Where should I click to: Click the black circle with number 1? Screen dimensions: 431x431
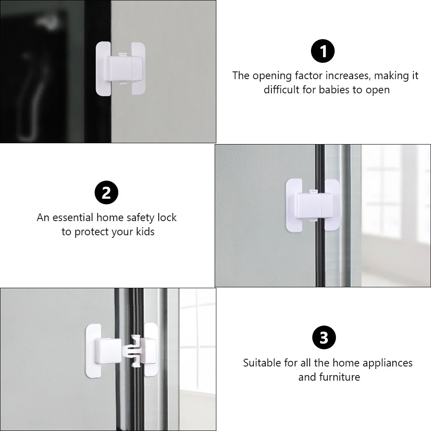coord(323,52)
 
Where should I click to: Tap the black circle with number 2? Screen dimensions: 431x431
coord(106,193)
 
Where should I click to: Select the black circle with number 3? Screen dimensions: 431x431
coord(323,338)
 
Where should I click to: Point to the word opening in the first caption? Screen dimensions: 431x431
coord(272,76)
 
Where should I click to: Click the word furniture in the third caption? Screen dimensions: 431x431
coord(339,377)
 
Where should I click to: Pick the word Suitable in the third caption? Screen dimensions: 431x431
coord(262,363)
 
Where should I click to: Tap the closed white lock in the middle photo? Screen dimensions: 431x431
coord(313,205)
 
